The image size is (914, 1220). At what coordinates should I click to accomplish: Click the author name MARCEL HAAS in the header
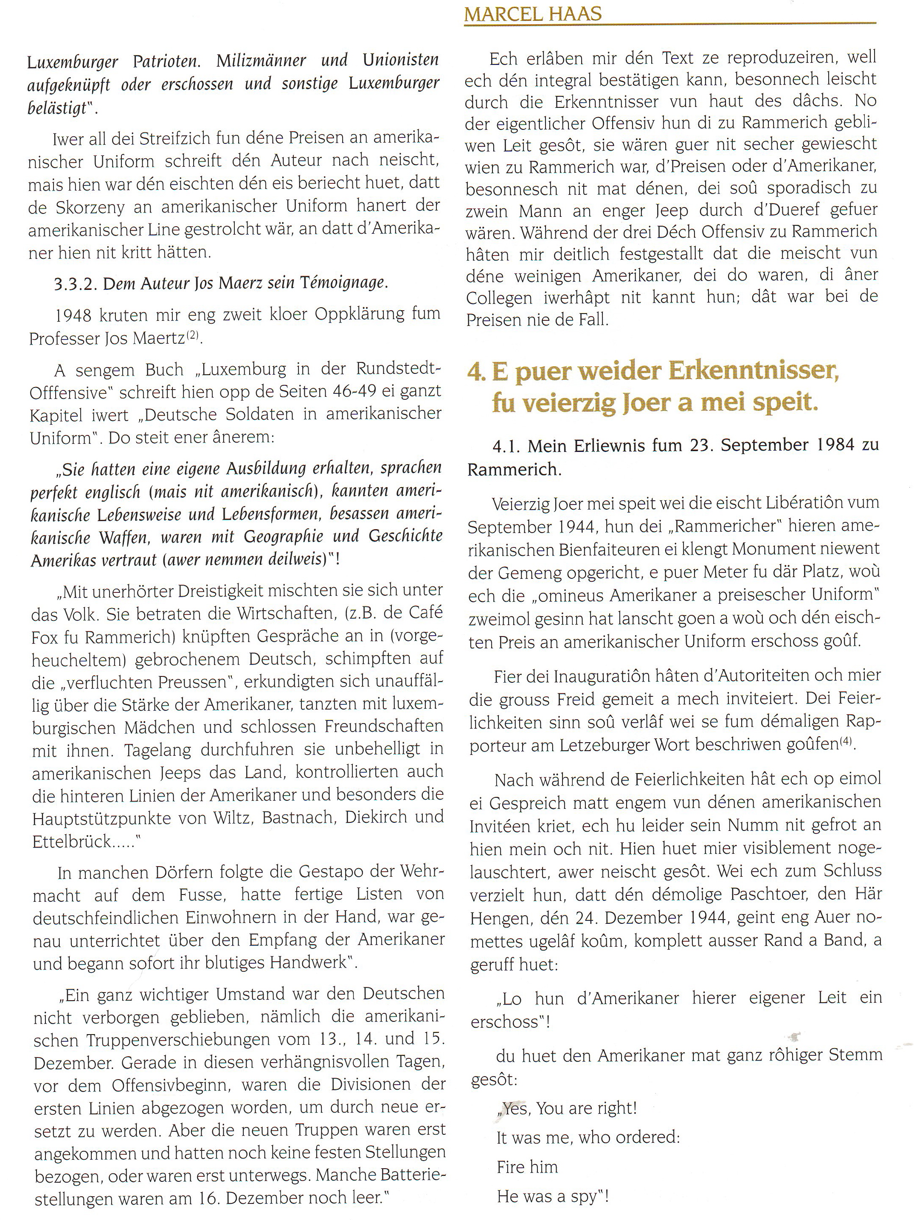(533, 14)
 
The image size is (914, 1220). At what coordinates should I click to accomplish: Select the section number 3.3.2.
(76, 283)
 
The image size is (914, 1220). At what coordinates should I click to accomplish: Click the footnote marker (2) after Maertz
(193, 335)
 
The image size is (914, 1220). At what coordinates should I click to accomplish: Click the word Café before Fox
(425, 613)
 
